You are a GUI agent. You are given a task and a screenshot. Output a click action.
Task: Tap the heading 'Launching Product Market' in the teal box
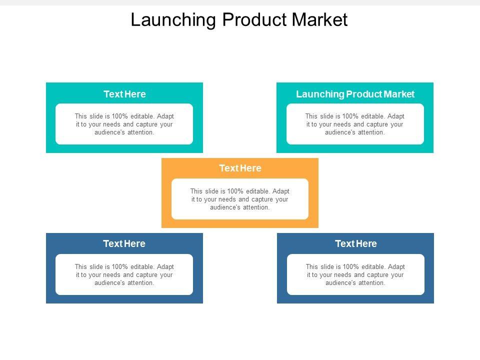pos(355,94)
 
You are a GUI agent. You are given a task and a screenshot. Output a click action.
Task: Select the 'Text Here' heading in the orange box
pos(240,168)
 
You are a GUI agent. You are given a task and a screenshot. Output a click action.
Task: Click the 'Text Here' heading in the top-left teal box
pos(124,94)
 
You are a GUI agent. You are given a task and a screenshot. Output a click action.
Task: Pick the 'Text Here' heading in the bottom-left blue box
pos(124,244)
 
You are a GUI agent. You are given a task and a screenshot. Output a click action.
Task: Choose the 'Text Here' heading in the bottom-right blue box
pos(355,244)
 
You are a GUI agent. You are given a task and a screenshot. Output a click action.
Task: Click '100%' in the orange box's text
pos(236,191)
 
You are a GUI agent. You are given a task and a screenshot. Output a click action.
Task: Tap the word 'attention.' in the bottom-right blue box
pos(371,282)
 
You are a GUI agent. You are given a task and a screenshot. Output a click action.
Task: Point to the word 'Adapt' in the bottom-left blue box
pos(165,266)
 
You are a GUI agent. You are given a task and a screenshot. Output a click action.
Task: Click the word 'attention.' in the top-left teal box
pos(140,132)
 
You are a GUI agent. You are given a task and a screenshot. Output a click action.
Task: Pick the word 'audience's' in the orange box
pos(225,207)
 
